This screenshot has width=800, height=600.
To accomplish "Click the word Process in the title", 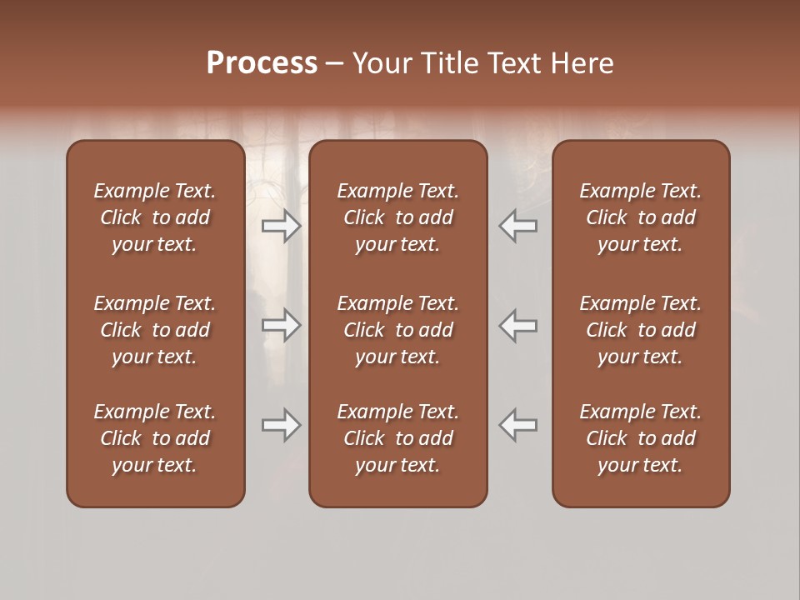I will (x=262, y=63).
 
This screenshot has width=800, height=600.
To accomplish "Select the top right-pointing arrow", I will (x=282, y=226).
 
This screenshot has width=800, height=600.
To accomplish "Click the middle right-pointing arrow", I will (x=282, y=325).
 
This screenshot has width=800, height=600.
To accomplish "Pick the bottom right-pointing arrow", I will (x=282, y=425).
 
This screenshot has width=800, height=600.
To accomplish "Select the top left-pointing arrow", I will (x=518, y=226).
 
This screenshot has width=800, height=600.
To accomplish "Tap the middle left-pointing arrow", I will (x=518, y=325).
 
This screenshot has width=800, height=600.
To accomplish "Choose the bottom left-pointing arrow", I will (x=518, y=425).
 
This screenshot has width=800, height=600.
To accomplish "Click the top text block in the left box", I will (x=155, y=217).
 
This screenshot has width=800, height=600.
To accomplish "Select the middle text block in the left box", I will (x=155, y=330).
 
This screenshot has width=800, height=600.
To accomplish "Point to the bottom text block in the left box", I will (x=155, y=438).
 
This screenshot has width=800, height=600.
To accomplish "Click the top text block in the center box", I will (x=398, y=217).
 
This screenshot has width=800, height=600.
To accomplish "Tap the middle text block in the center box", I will (x=398, y=330).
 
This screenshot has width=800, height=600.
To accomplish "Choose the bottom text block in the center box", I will (x=398, y=438).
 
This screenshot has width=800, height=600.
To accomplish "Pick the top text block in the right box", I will (x=641, y=217).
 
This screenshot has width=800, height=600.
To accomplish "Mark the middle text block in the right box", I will (x=641, y=330).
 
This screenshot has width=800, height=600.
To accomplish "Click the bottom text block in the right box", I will (x=641, y=438).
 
